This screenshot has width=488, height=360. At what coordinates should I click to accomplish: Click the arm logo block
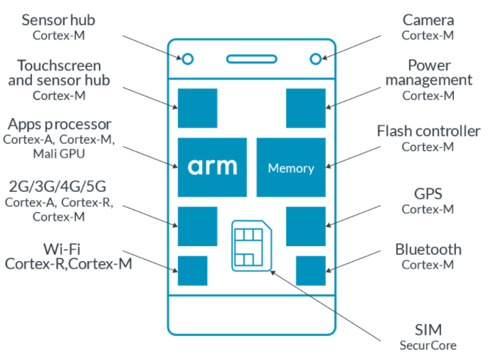[212, 168]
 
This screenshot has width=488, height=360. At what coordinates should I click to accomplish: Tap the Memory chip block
[290, 168]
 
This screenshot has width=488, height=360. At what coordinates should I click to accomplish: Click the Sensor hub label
[58, 19]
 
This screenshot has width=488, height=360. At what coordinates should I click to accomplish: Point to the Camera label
[428, 19]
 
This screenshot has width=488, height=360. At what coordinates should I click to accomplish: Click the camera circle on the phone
[315, 59]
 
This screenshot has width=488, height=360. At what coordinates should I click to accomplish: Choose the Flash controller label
[428, 132]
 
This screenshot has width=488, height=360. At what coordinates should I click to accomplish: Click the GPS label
[428, 194]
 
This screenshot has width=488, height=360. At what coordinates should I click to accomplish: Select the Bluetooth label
[428, 249]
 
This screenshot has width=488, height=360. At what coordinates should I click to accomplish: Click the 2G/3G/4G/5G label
[58, 187]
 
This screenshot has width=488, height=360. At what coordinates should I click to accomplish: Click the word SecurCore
[428, 346]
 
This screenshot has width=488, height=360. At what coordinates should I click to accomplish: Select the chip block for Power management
[306, 108]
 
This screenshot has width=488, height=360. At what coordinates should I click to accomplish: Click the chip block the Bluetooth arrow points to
[310, 271]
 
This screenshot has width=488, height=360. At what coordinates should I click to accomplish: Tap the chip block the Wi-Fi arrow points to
[192, 271]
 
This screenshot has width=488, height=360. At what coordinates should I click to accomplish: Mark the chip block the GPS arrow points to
[306, 226]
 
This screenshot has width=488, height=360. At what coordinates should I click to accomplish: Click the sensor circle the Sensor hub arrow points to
[188, 59]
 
